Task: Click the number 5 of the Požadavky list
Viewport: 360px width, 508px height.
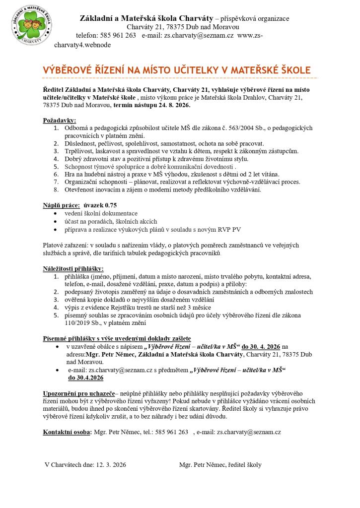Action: pyautogui.click(x=56, y=167)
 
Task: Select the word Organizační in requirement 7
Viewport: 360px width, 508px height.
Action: pyautogui.click(x=83, y=182)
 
